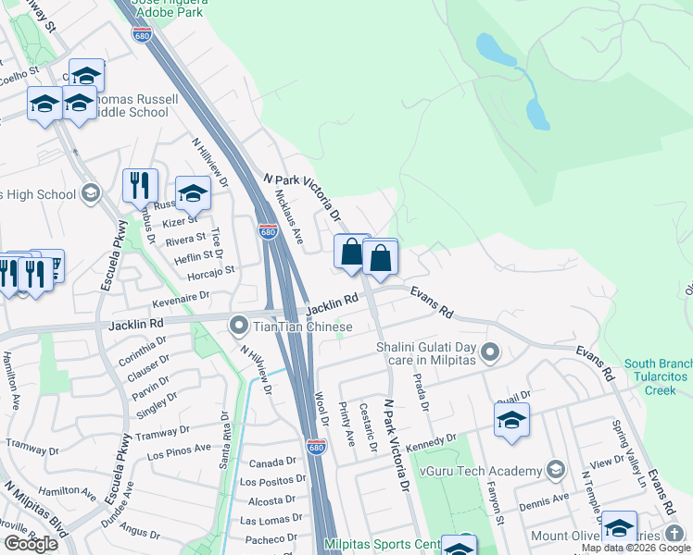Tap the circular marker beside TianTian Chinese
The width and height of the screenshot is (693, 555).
(x=239, y=326)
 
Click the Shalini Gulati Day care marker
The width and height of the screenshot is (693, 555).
(x=491, y=351)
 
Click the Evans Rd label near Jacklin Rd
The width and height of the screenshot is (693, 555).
(x=433, y=302)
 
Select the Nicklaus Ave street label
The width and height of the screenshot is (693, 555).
(x=289, y=218)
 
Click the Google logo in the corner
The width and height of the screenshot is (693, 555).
(x=31, y=543)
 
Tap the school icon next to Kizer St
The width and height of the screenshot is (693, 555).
(x=193, y=192)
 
